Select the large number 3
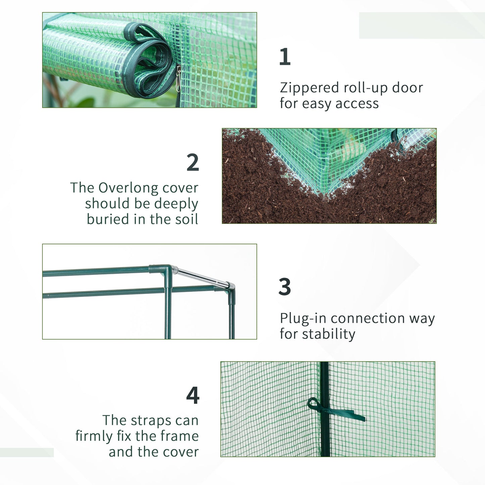pyautogui.click(x=285, y=287)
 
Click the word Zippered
pyautogui.click(x=309, y=88)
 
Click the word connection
pyautogui.click(x=368, y=318)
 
